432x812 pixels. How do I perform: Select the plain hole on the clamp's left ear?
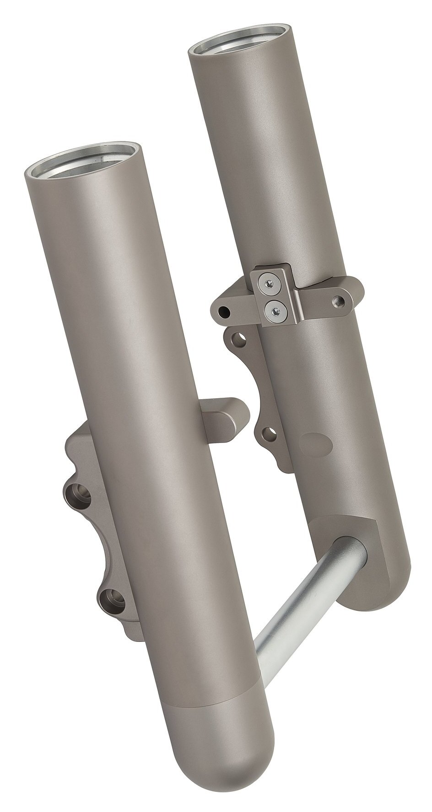pos(224,312)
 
